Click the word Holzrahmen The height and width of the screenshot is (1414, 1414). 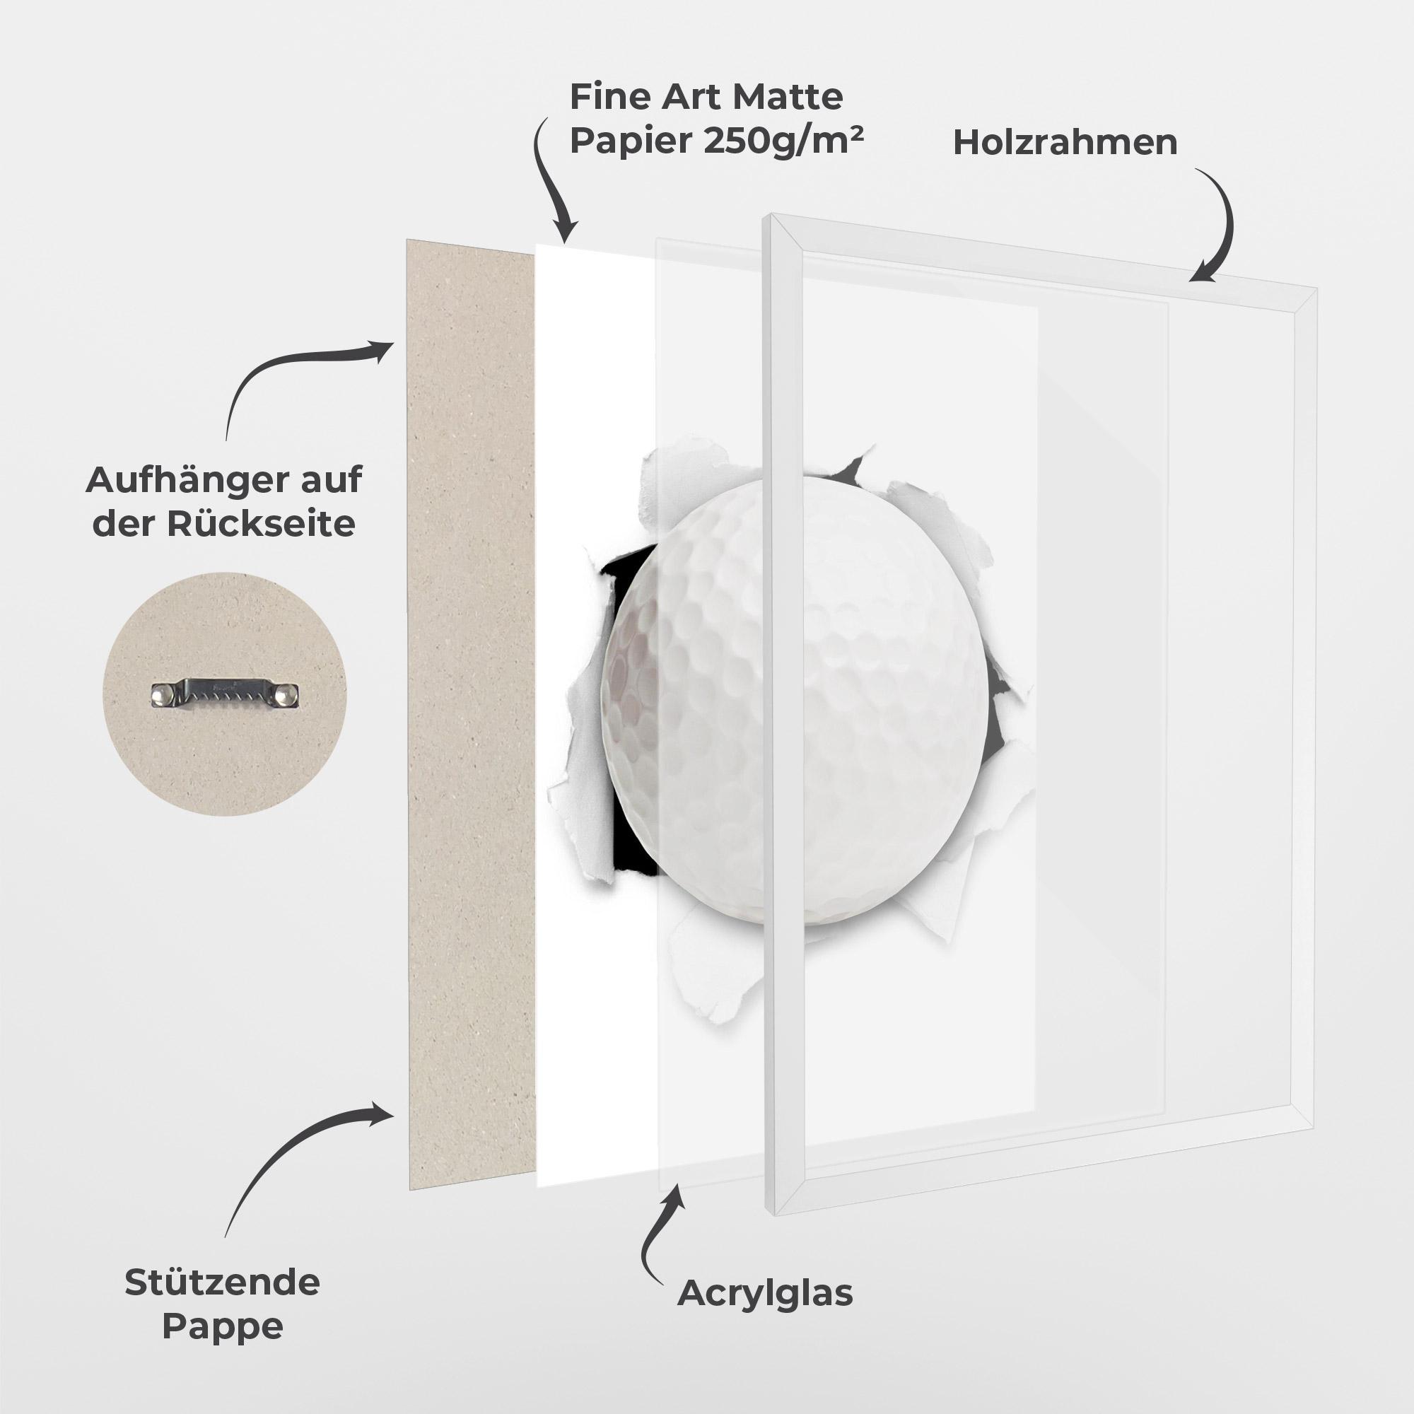point(1065,143)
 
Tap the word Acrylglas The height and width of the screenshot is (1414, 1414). point(765,1293)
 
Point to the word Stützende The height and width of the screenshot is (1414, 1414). point(222,1282)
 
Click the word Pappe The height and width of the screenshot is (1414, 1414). point(222,1326)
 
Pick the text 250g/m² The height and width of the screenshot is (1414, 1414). point(783,141)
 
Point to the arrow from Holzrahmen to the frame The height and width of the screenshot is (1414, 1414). point(1219,227)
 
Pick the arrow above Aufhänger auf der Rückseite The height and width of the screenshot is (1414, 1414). point(293,373)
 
